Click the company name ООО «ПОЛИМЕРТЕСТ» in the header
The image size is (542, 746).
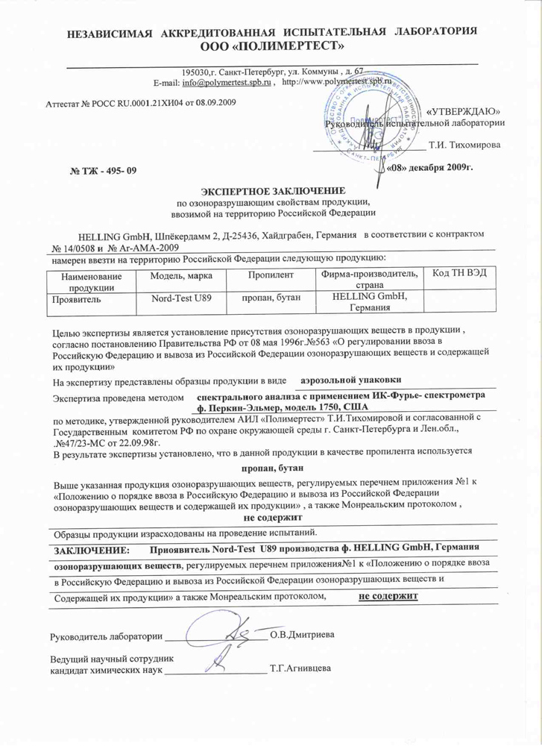(x=271, y=47)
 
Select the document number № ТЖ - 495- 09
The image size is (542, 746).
(x=104, y=172)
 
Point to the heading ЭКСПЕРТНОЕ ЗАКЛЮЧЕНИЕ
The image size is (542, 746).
(x=271, y=191)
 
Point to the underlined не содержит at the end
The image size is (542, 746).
(x=387, y=595)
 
